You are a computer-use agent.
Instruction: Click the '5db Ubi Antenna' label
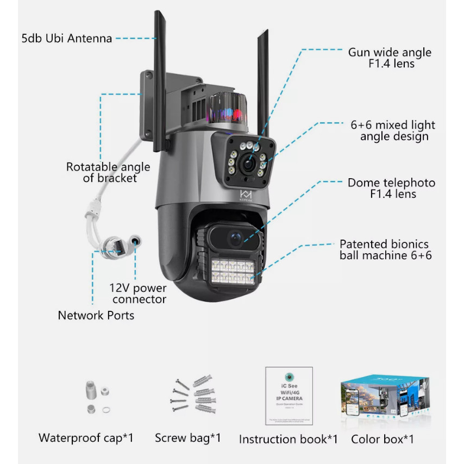point(66,39)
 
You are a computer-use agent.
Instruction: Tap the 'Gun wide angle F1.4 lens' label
point(390,58)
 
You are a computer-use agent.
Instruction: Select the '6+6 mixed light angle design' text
point(393,130)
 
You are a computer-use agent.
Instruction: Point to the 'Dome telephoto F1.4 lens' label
point(391,189)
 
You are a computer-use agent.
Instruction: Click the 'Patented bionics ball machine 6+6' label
point(385,249)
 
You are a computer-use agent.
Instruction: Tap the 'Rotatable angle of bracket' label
point(102,172)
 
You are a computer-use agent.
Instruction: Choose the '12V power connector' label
point(139,293)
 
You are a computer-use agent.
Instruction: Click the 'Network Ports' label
point(96,315)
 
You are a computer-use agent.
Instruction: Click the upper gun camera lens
point(248,163)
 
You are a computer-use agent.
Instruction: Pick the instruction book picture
point(289,396)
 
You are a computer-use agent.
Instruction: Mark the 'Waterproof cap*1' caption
point(86,437)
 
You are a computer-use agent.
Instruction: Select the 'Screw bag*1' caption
point(188,437)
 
